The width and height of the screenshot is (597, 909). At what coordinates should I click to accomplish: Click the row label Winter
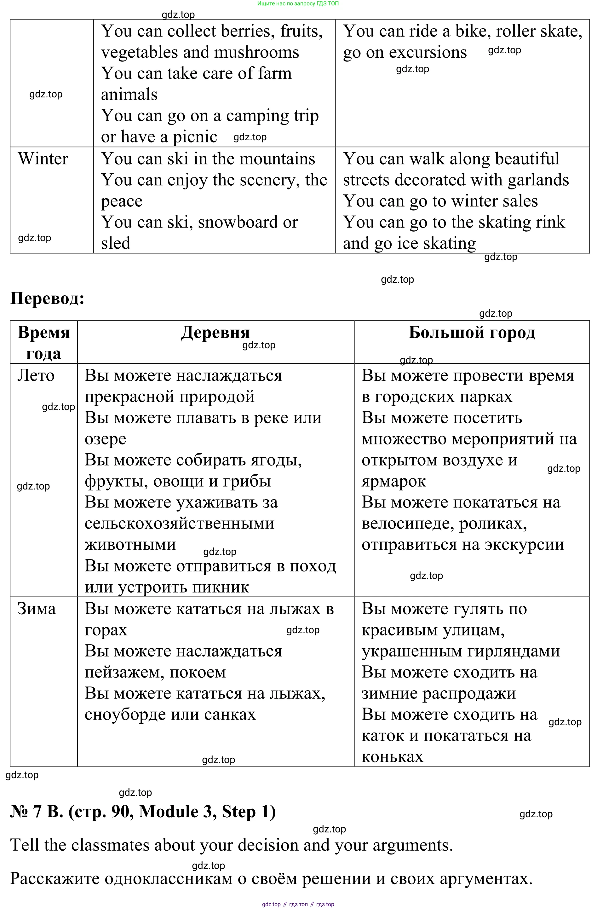43,159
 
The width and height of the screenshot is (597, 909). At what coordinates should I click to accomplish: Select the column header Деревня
215,332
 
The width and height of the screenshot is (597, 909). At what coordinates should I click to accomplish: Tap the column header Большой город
472,332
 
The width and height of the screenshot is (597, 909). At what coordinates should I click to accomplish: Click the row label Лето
36,375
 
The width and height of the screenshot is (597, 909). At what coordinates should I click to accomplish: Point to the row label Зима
37,609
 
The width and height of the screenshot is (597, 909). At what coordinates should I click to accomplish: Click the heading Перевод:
47,298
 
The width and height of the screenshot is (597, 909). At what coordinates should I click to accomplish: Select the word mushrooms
263,52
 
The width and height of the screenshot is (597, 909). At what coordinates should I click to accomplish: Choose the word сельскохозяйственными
179,523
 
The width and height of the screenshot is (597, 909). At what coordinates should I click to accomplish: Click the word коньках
393,757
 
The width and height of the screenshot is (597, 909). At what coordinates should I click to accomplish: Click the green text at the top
298,3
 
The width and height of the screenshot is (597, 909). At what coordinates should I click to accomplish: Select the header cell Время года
43,343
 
